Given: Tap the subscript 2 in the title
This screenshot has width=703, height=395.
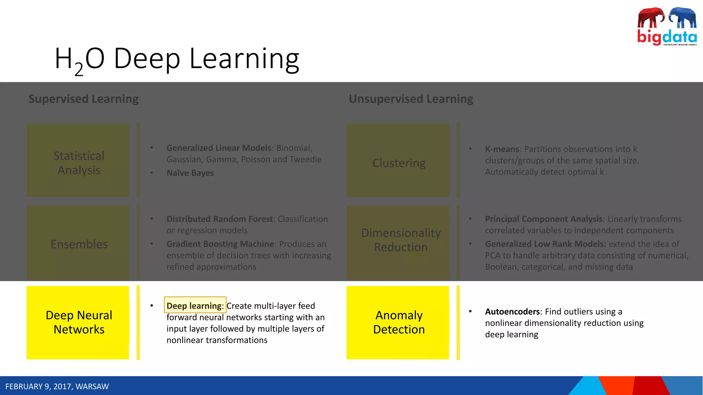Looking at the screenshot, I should [x=79, y=70].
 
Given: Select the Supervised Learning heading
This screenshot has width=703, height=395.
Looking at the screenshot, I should [x=83, y=99].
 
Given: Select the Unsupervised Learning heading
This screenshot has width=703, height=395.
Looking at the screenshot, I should [x=411, y=99].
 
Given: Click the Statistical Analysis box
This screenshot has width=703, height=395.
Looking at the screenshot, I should [x=78, y=160].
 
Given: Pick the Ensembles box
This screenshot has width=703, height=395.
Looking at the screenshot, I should [x=78, y=243].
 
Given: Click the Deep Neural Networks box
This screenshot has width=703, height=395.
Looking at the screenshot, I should [x=78, y=322].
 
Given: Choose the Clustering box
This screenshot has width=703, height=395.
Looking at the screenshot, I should [x=398, y=160].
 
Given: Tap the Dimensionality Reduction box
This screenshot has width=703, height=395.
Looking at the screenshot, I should [x=398, y=243].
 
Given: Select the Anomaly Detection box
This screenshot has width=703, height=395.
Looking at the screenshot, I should [x=398, y=322].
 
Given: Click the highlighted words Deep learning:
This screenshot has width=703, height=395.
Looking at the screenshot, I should [x=195, y=305].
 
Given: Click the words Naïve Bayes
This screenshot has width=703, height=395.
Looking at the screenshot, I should [x=190, y=173].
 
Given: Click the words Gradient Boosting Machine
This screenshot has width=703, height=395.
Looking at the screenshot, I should [x=220, y=244].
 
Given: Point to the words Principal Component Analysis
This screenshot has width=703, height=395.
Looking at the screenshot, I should [x=544, y=219].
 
